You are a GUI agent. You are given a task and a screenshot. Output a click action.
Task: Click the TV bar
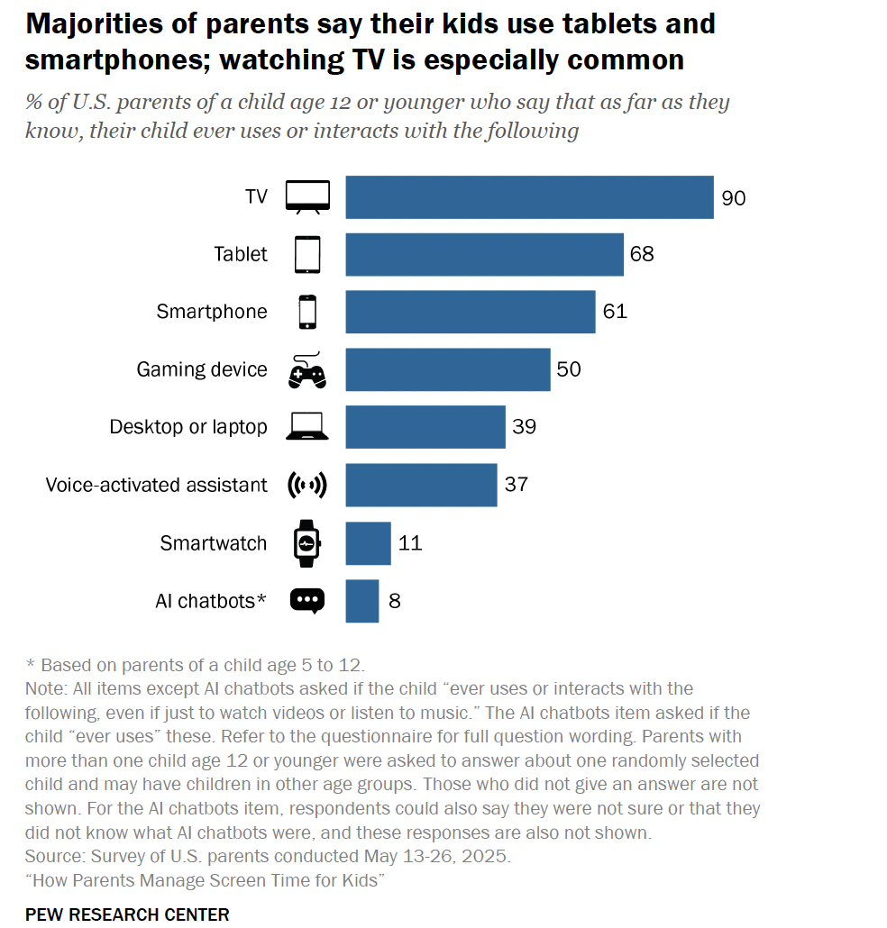click(x=529, y=197)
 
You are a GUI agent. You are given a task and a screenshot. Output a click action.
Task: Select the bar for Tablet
click(x=484, y=255)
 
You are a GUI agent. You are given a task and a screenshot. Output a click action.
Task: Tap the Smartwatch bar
click(x=368, y=543)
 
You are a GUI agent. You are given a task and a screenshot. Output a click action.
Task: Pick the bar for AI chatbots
click(x=361, y=601)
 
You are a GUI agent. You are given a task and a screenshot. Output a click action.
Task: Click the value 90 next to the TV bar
click(x=734, y=198)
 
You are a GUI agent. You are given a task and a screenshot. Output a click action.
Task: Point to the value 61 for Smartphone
click(x=615, y=312)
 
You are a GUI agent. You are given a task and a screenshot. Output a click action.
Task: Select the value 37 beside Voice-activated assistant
click(x=516, y=485)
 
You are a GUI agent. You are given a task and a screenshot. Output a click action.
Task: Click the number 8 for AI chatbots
click(x=395, y=601)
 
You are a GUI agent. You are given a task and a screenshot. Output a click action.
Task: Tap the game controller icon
click(x=306, y=370)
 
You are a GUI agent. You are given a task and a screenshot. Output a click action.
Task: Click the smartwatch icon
click(x=306, y=543)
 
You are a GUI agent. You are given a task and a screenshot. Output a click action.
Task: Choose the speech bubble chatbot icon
click(x=306, y=601)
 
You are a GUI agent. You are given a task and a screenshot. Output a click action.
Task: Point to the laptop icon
click(x=306, y=427)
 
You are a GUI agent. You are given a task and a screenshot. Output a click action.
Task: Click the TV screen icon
click(x=307, y=196)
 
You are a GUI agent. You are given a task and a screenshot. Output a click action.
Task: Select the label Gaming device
click(x=202, y=369)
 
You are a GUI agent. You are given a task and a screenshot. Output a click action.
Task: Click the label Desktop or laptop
click(x=188, y=427)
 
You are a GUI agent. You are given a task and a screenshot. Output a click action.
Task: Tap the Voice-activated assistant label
click(x=157, y=485)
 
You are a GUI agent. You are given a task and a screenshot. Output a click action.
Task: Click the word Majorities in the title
click(x=92, y=24)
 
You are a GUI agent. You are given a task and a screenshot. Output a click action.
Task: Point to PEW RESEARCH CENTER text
click(x=127, y=914)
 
